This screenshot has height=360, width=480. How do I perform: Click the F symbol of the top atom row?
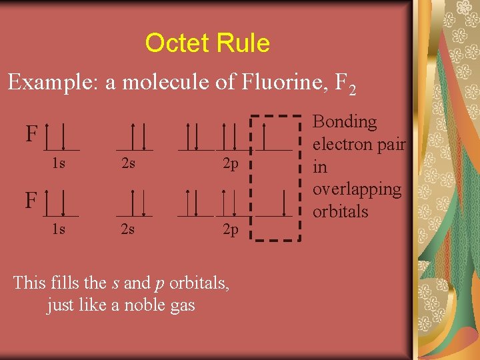click(x=31, y=135)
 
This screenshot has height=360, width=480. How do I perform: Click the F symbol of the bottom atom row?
click(x=31, y=199)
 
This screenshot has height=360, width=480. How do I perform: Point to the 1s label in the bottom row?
click(x=59, y=229)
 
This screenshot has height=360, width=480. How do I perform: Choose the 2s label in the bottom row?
click(x=127, y=229)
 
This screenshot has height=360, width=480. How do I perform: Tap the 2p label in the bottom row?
click(x=230, y=230)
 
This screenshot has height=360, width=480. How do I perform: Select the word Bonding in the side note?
click(x=345, y=122)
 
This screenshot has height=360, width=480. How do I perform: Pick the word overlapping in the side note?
click(x=357, y=189)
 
